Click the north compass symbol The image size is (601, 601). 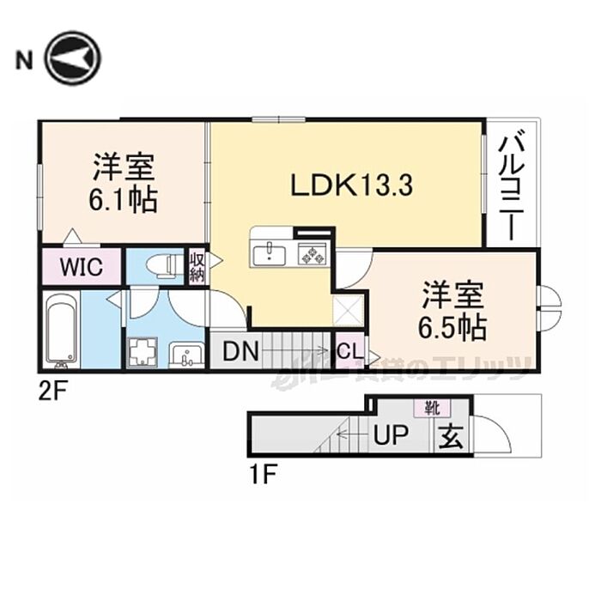tap(73, 58)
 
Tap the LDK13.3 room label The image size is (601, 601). tap(340, 184)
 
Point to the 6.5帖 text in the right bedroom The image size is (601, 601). tap(454, 325)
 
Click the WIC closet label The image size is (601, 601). tap(81, 266)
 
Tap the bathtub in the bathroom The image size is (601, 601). tap(61, 331)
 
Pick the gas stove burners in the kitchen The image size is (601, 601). tap(311, 253)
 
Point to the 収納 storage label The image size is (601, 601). tap(197, 265)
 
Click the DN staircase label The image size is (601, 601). tap(235, 351)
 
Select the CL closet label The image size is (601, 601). tap(348, 351)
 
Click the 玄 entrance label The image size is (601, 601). tap(452, 438)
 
